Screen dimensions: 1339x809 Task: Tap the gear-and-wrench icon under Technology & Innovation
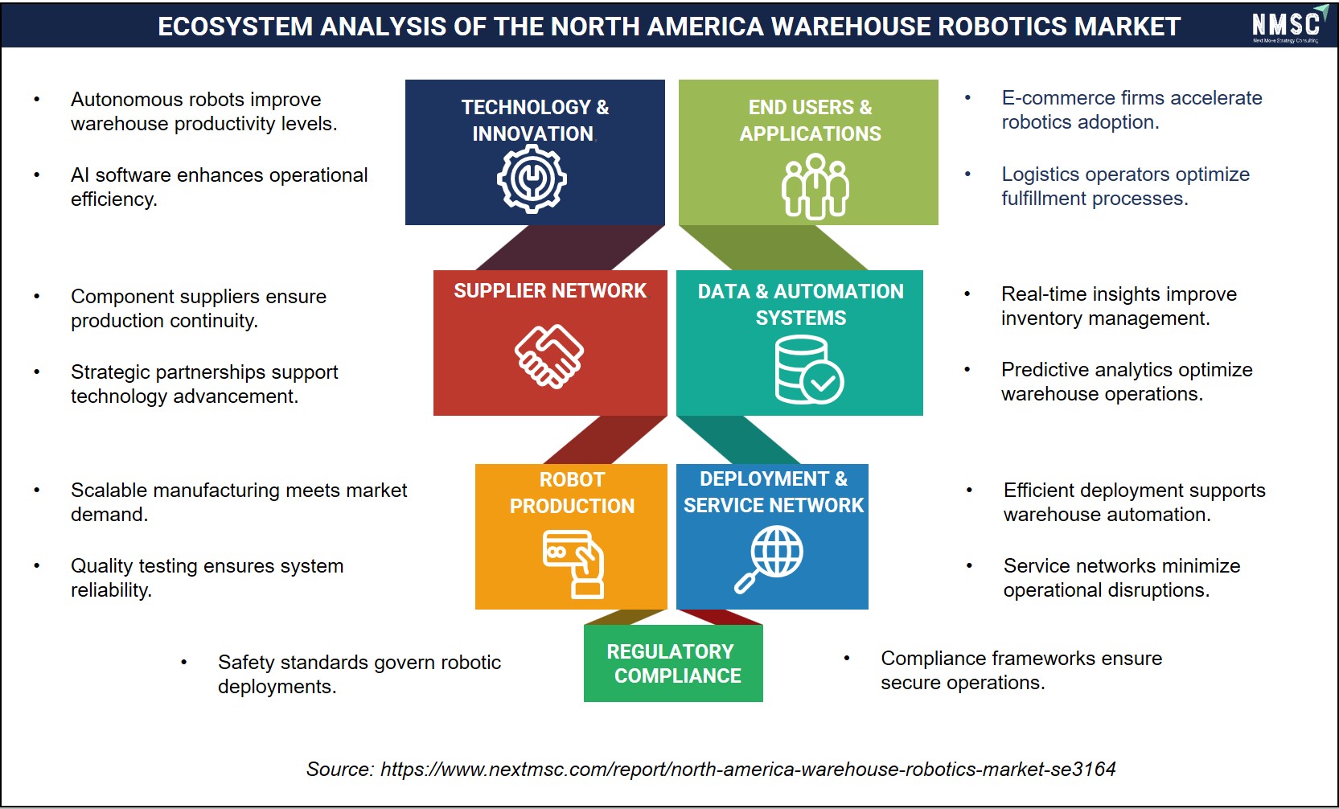click(x=532, y=179)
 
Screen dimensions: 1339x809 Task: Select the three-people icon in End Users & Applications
click(x=815, y=187)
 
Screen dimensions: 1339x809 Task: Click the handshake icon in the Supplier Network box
click(x=548, y=356)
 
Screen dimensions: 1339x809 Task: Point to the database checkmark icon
click(x=809, y=370)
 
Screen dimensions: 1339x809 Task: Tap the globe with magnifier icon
click(x=770, y=559)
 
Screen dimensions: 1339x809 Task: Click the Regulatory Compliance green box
click(x=673, y=663)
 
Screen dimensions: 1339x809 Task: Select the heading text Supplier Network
click(x=550, y=290)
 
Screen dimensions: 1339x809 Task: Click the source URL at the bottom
click(x=748, y=769)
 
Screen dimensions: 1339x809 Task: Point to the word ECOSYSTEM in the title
click(x=235, y=27)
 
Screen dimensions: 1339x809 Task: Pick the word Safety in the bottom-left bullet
click(x=245, y=662)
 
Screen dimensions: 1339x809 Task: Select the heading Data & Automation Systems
click(x=801, y=304)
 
